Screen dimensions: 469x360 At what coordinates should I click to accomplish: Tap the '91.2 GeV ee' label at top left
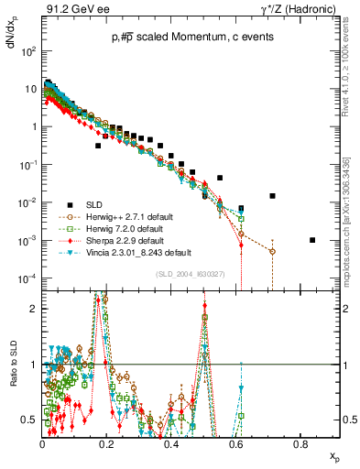[69, 10]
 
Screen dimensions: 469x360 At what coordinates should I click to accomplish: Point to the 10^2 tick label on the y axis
[27, 51]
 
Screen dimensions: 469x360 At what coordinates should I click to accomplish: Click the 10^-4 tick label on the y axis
[27, 278]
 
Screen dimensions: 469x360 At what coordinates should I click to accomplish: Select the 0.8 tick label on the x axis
[300, 443]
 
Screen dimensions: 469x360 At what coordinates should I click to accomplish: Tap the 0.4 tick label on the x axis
[171, 443]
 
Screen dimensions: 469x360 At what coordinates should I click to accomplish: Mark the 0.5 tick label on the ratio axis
[29, 420]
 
